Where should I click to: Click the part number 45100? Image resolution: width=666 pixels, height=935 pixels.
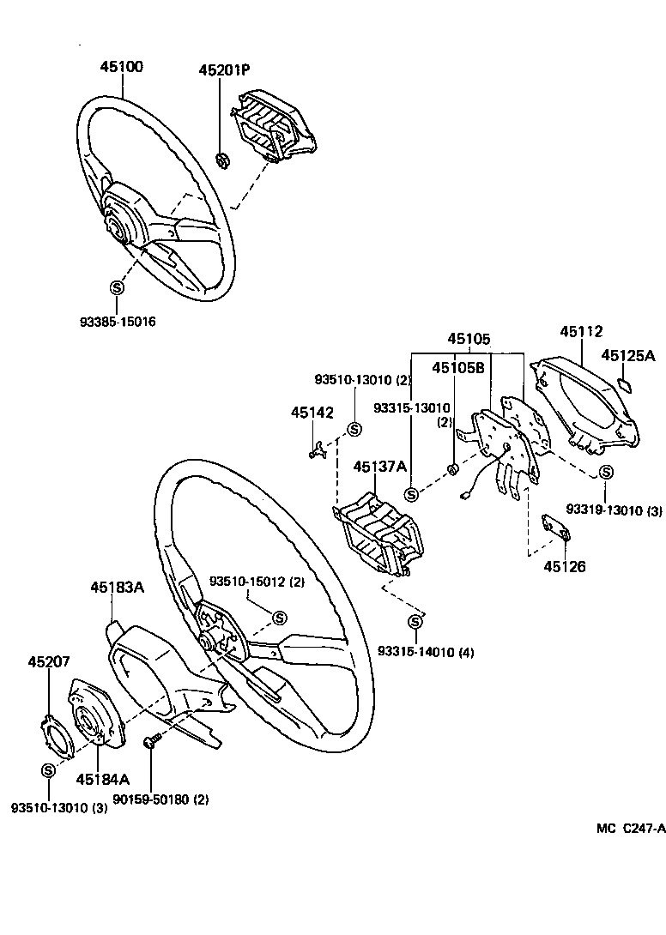[121, 68]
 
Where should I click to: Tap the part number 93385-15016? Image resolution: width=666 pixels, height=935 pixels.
[119, 323]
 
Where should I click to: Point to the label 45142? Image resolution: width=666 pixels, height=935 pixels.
[312, 413]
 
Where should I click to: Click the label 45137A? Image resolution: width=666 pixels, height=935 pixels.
[378, 467]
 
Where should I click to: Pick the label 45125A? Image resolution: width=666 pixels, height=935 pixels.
[627, 355]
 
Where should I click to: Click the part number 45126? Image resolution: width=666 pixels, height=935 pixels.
[565, 566]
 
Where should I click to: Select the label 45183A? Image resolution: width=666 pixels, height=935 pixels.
[117, 588]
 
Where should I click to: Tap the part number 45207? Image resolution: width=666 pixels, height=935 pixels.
[49, 662]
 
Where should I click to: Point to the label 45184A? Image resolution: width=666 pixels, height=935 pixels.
[102, 779]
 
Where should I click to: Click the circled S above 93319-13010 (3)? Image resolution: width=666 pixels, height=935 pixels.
[607, 473]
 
